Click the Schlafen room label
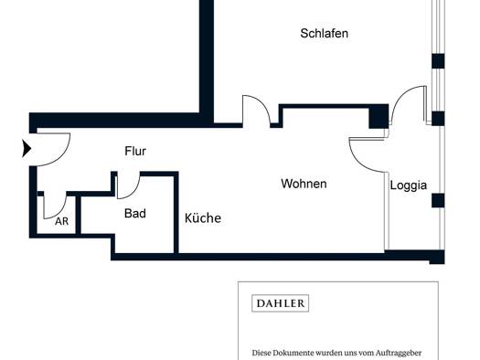[x=325, y=33]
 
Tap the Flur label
[x=135, y=151]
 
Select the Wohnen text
[x=304, y=184]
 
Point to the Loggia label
[x=409, y=185]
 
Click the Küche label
[x=203, y=217]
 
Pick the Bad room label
[x=135, y=213]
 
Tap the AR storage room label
[x=61, y=221]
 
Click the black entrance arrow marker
[x=27, y=148]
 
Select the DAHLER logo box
[x=280, y=303]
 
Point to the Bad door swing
[x=134, y=191]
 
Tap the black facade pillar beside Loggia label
[x=438, y=201]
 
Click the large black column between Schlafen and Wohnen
[x=379, y=116]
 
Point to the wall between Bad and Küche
[x=176, y=213]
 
